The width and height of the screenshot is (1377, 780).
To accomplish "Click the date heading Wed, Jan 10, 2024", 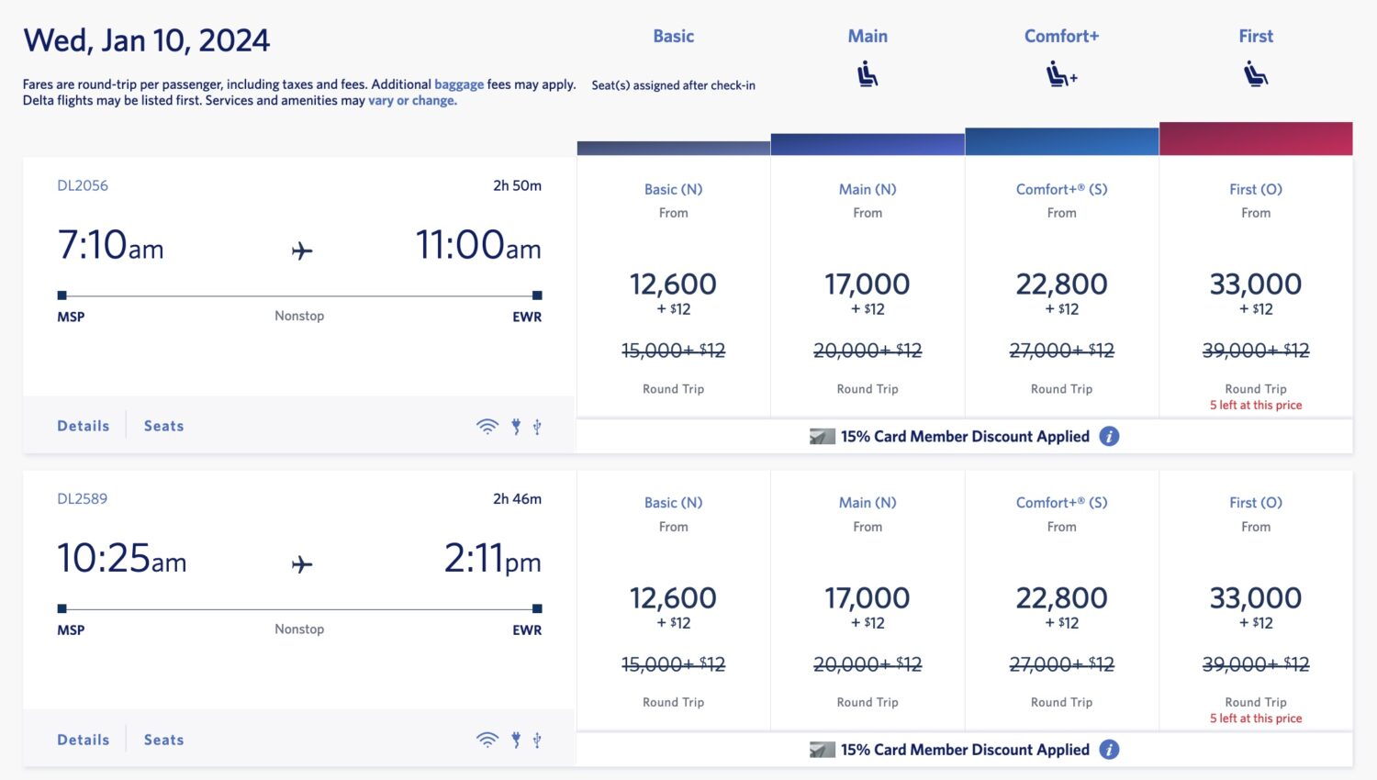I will coord(147,40).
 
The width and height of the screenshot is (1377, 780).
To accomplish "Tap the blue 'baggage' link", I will coord(458,84).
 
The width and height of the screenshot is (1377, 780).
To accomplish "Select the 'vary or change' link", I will coord(412,101).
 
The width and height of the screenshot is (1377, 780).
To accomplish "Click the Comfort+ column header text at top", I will coord(1061,37).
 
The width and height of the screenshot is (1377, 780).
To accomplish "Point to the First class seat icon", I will coord(1256,73).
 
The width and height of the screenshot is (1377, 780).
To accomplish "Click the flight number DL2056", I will coord(83,185).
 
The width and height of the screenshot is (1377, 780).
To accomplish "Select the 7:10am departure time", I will coord(110,245).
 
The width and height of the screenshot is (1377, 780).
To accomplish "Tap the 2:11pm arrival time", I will coord(492,559).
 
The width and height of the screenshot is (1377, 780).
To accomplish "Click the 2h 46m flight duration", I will coord(517,499).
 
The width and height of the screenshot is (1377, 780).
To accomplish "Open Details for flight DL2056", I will coord(84,426).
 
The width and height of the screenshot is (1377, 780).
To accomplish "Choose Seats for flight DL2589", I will coord(163,740).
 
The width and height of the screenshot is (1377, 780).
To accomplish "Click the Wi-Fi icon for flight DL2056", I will coord(487,426).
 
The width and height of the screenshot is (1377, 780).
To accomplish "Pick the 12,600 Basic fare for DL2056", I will coord(673,284).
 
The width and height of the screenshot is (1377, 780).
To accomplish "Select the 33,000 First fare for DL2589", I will coord(1256,598).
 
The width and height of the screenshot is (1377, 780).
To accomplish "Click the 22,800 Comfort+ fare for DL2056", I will coord(1061,284).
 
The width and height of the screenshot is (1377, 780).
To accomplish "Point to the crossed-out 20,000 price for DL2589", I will coord(867,664).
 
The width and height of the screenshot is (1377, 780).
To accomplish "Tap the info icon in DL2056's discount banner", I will coord(1109,437).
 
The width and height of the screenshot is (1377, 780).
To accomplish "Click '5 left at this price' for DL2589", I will coord(1256,719).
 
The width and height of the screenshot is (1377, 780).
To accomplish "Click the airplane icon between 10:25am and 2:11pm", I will coord(302,564).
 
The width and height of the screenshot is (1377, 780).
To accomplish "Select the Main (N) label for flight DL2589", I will coord(868,503).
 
